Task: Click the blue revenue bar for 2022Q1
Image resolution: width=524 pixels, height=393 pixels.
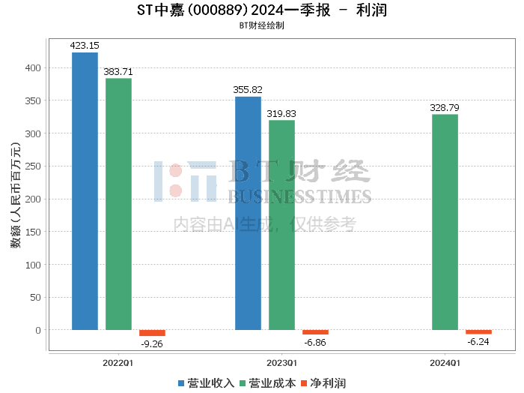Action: point(85,191)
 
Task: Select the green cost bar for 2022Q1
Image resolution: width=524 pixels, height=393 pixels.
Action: point(118,204)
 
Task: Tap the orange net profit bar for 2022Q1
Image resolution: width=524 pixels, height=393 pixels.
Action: point(152,333)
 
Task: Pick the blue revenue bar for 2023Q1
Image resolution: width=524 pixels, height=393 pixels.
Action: point(248,213)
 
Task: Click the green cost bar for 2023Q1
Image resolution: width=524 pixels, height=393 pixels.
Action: point(281,225)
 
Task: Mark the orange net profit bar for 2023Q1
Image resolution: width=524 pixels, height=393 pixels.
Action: point(315,332)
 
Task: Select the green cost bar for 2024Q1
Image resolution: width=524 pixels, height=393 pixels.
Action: point(445,222)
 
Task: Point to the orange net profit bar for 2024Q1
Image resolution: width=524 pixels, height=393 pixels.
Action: point(478,332)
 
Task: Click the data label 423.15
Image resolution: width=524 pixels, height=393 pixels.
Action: point(85,46)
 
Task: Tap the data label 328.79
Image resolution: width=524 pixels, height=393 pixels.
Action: point(445,108)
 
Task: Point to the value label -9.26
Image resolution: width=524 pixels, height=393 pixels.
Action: point(152,344)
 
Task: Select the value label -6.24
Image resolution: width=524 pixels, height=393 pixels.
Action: point(478,342)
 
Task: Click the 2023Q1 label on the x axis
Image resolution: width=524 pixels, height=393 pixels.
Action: point(281,363)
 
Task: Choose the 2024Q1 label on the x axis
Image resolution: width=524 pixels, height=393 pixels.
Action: point(445,363)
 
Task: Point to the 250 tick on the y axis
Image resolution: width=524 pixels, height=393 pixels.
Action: point(33,166)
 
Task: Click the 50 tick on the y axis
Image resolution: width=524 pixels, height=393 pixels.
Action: point(35,297)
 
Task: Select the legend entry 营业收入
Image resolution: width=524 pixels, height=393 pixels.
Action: point(206,383)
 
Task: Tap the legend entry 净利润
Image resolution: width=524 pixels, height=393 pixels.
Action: point(323,383)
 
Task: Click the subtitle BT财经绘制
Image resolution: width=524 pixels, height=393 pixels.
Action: point(262,25)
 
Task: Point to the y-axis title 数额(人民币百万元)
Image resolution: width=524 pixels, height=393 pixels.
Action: point(16,195)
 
